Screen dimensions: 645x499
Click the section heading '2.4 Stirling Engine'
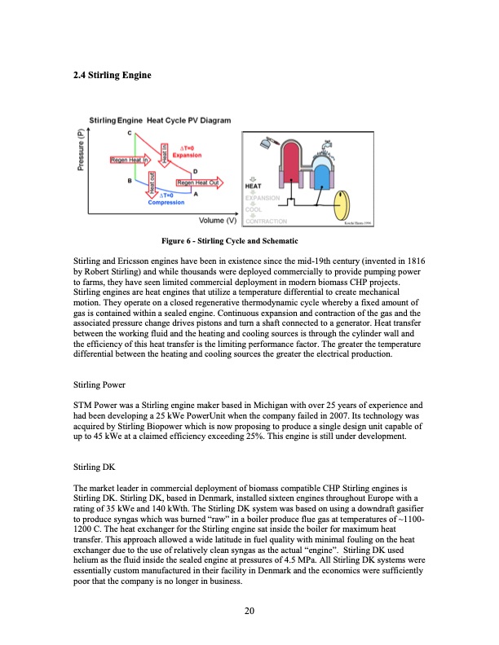tap(112, 77)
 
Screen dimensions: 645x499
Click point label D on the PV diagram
tap(194, 170)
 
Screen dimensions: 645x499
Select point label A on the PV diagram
tap(196, 194)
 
